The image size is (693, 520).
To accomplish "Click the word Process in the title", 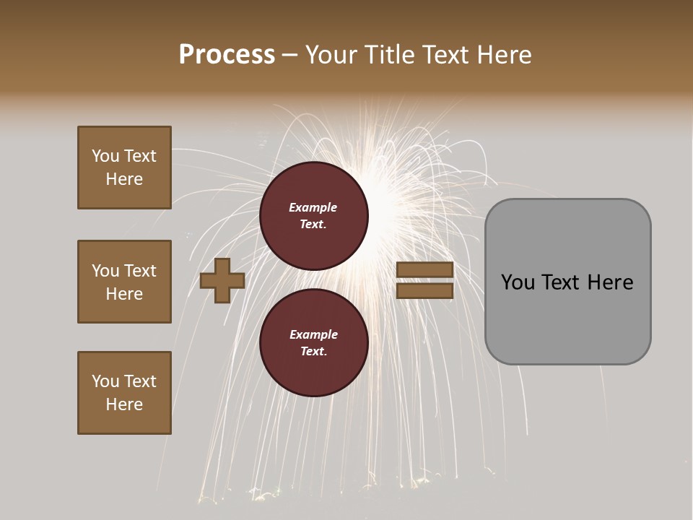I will click(x=227, y=55).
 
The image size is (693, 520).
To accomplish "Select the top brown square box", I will click(x=124, y=168).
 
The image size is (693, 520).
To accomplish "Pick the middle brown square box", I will click(x=124, y=282).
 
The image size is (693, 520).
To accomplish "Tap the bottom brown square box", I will click(x=124, y=393).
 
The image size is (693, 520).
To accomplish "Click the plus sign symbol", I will click(x=222, y=280).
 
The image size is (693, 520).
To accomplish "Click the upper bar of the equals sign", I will click(x=425, y=270).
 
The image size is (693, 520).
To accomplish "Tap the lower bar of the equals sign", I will click(x=425, y=290).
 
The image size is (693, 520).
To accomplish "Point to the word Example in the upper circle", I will click(x=313, y=207).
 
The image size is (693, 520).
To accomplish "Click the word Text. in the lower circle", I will click(x=313, y=352).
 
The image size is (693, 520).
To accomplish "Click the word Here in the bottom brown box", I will click(x=124, y=404).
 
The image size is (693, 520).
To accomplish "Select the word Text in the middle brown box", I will click(x=140, y=271).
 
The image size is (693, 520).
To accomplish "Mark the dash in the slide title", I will click(x=290, y=55).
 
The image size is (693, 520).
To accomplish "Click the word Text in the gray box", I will click(x=562, y=282).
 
